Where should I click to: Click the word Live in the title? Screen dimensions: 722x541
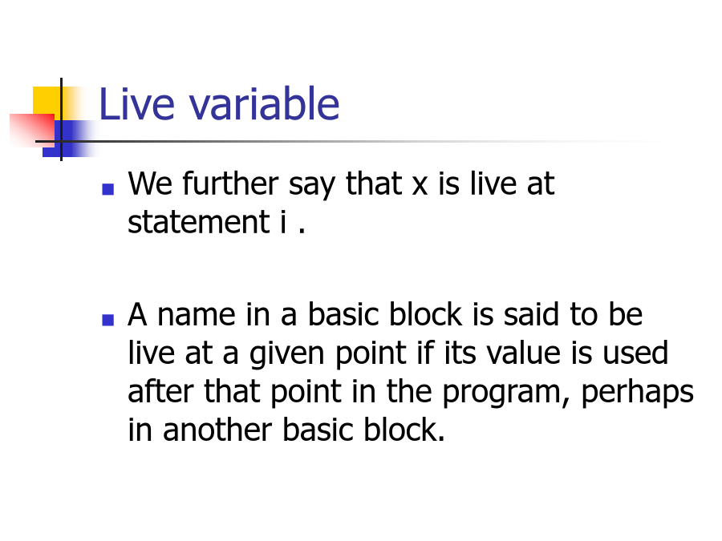(x=136, y=104)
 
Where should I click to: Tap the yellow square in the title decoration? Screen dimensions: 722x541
(x=47, y=101)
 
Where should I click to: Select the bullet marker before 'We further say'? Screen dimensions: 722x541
(x=107, y=189)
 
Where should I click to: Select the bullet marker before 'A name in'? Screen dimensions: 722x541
(x=107, y=320)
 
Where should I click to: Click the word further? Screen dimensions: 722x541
(x=230, y=184)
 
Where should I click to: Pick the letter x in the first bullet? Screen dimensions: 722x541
(x=420, y=186)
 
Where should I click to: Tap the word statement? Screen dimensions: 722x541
(x=198, y=222)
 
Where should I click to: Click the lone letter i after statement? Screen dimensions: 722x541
(x=283, y=222)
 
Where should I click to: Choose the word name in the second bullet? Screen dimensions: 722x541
(x=197, y=317)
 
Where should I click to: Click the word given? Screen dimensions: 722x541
(x=287, y=355)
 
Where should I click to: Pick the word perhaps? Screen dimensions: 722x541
(x=638, y=394)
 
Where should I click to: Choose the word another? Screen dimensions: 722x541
(x=217, y=430)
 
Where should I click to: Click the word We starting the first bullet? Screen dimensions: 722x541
(x=150, y=184)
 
